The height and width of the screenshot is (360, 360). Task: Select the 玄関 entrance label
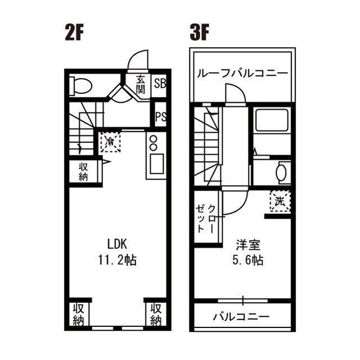140,84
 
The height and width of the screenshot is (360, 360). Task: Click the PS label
160,118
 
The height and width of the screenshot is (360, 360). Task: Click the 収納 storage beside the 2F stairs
83,171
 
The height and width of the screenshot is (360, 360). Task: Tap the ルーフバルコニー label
242,74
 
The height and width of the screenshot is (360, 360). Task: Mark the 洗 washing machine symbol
280,200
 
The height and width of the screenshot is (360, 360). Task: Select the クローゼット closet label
205,219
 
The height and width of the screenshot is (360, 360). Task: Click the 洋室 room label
248,245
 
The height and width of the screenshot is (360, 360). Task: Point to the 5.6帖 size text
248,260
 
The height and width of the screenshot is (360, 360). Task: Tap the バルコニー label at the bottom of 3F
241,316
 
